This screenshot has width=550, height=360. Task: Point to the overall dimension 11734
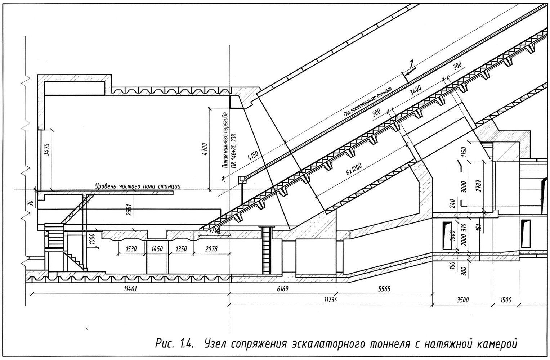click(331, 300)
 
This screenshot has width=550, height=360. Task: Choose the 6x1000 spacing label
click(354, 167)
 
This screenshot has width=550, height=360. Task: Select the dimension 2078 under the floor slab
click(211, 249)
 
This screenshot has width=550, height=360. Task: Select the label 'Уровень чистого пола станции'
click(137, 186)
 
